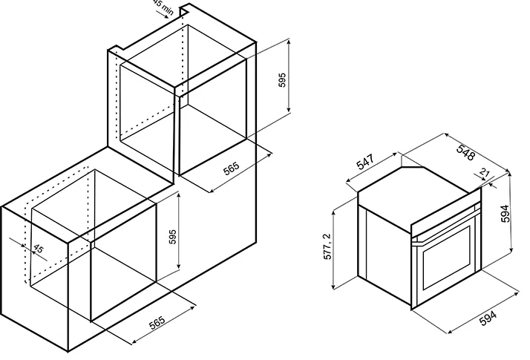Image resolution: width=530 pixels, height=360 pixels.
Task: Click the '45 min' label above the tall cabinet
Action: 163,9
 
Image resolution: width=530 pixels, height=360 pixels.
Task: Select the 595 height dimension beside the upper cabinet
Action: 282,80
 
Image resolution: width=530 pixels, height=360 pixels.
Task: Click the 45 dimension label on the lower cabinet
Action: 37,249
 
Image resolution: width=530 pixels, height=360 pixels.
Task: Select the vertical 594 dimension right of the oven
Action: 506,214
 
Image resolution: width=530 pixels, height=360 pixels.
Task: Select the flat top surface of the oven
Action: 416,189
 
